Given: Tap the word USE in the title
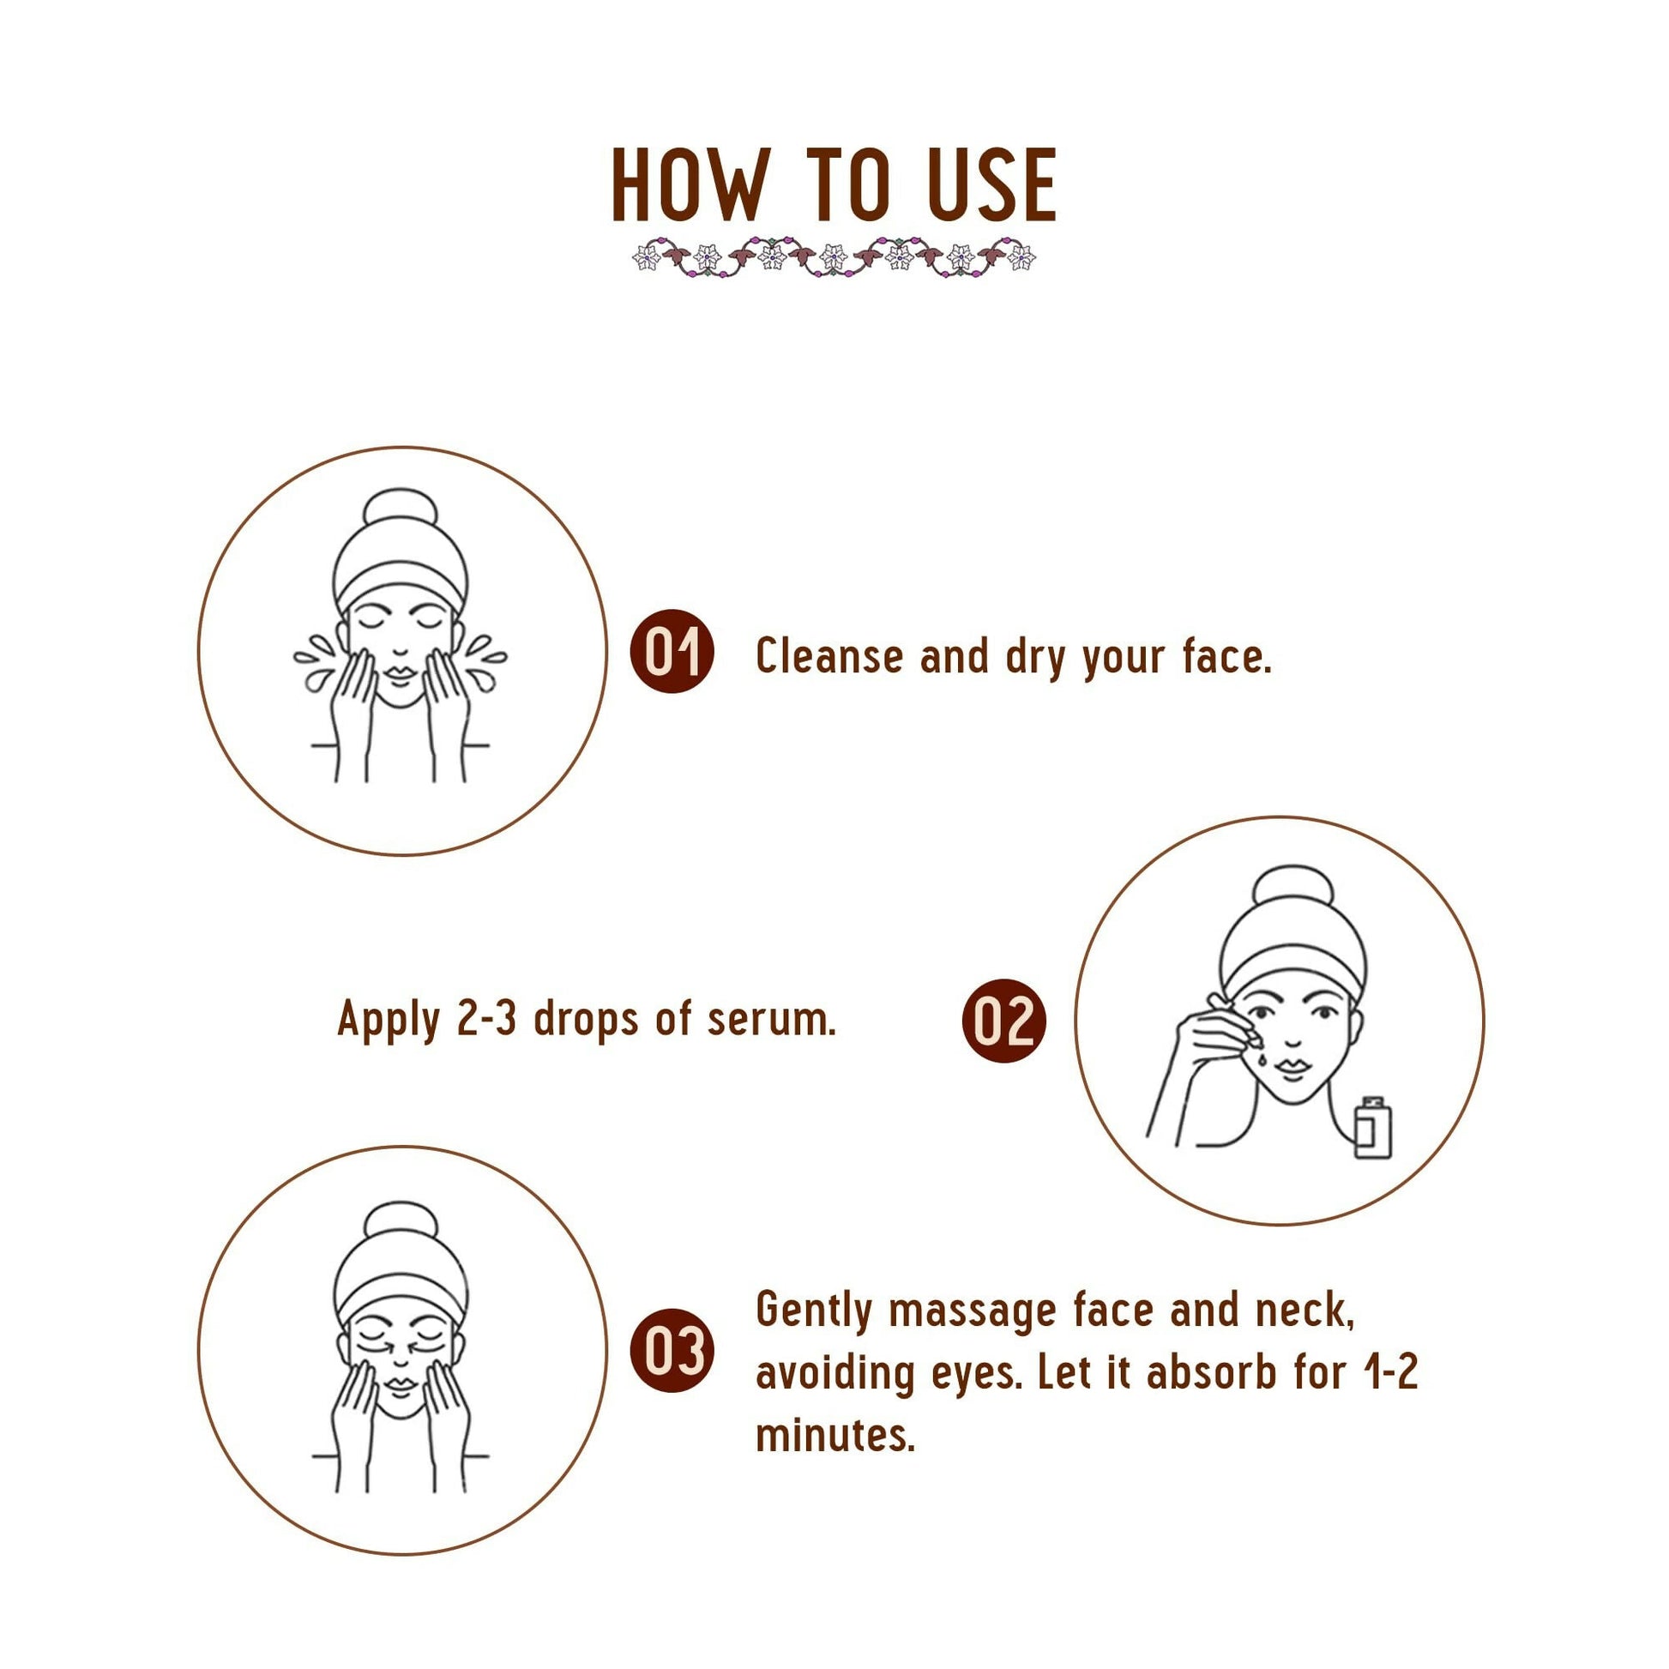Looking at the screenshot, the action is point(991,186).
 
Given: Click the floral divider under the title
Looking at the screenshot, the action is point(834,256).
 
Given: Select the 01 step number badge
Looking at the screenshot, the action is point(673,651).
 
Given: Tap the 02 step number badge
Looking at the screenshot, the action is point(1003,1021).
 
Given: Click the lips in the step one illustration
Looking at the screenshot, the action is point(400,673).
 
